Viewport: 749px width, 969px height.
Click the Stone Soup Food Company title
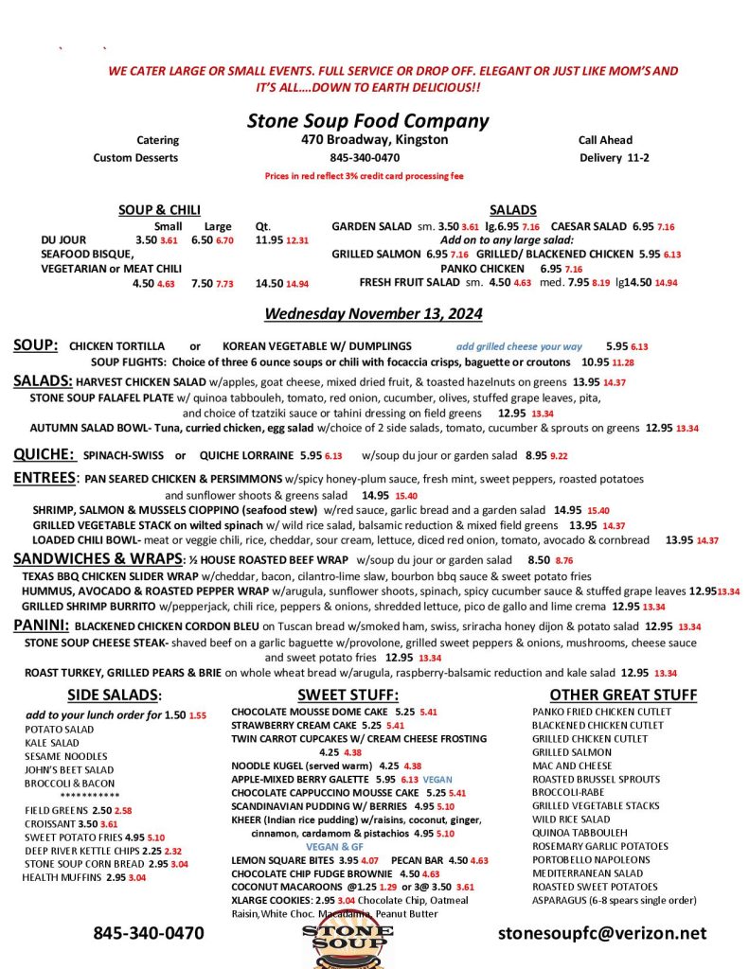pyautogui.click(x=367, y=121)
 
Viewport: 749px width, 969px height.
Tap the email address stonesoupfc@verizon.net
pyautogui.click(x=602, y=933)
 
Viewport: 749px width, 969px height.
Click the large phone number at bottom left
pyautogui.click(x=148, y=933)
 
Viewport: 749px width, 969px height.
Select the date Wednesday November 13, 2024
pyautogui.click(x=373, y=313)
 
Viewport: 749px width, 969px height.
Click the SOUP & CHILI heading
pyautogui.click(x=159, y=210)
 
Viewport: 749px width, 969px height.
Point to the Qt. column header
pyautogui.click(x=263, y=226)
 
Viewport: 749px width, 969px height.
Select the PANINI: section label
pyautogui.click(x=41, y=625)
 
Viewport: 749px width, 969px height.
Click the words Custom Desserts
pyautogui.click(x=135, y=158)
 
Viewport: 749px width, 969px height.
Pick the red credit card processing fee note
pyautogui.click(x=365, y=176)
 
